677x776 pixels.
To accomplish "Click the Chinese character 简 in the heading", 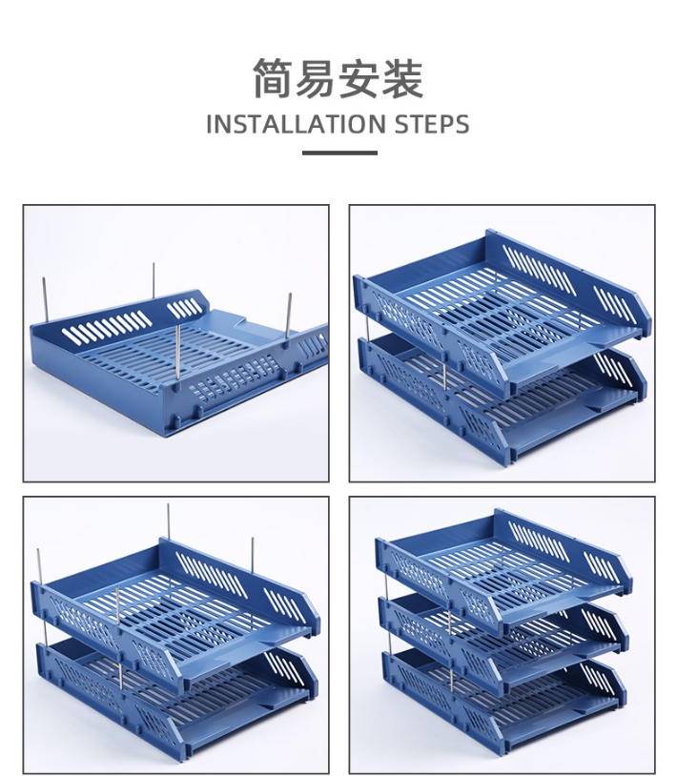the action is (x=274, y=78).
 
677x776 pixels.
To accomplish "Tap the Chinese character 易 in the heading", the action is (x=317, y=78).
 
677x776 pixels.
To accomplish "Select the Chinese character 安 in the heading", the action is (x=359, y=78).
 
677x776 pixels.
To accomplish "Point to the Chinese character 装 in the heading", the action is (x=402, y=78).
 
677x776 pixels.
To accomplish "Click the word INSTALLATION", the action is (x=296, y=124).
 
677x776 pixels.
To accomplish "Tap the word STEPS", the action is (x=432, y=124).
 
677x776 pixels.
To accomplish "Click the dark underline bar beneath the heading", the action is (x=339, y=153).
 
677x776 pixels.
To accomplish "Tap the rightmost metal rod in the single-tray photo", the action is (x=290, y=317).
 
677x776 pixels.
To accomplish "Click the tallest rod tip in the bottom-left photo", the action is (x=168, y=505).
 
